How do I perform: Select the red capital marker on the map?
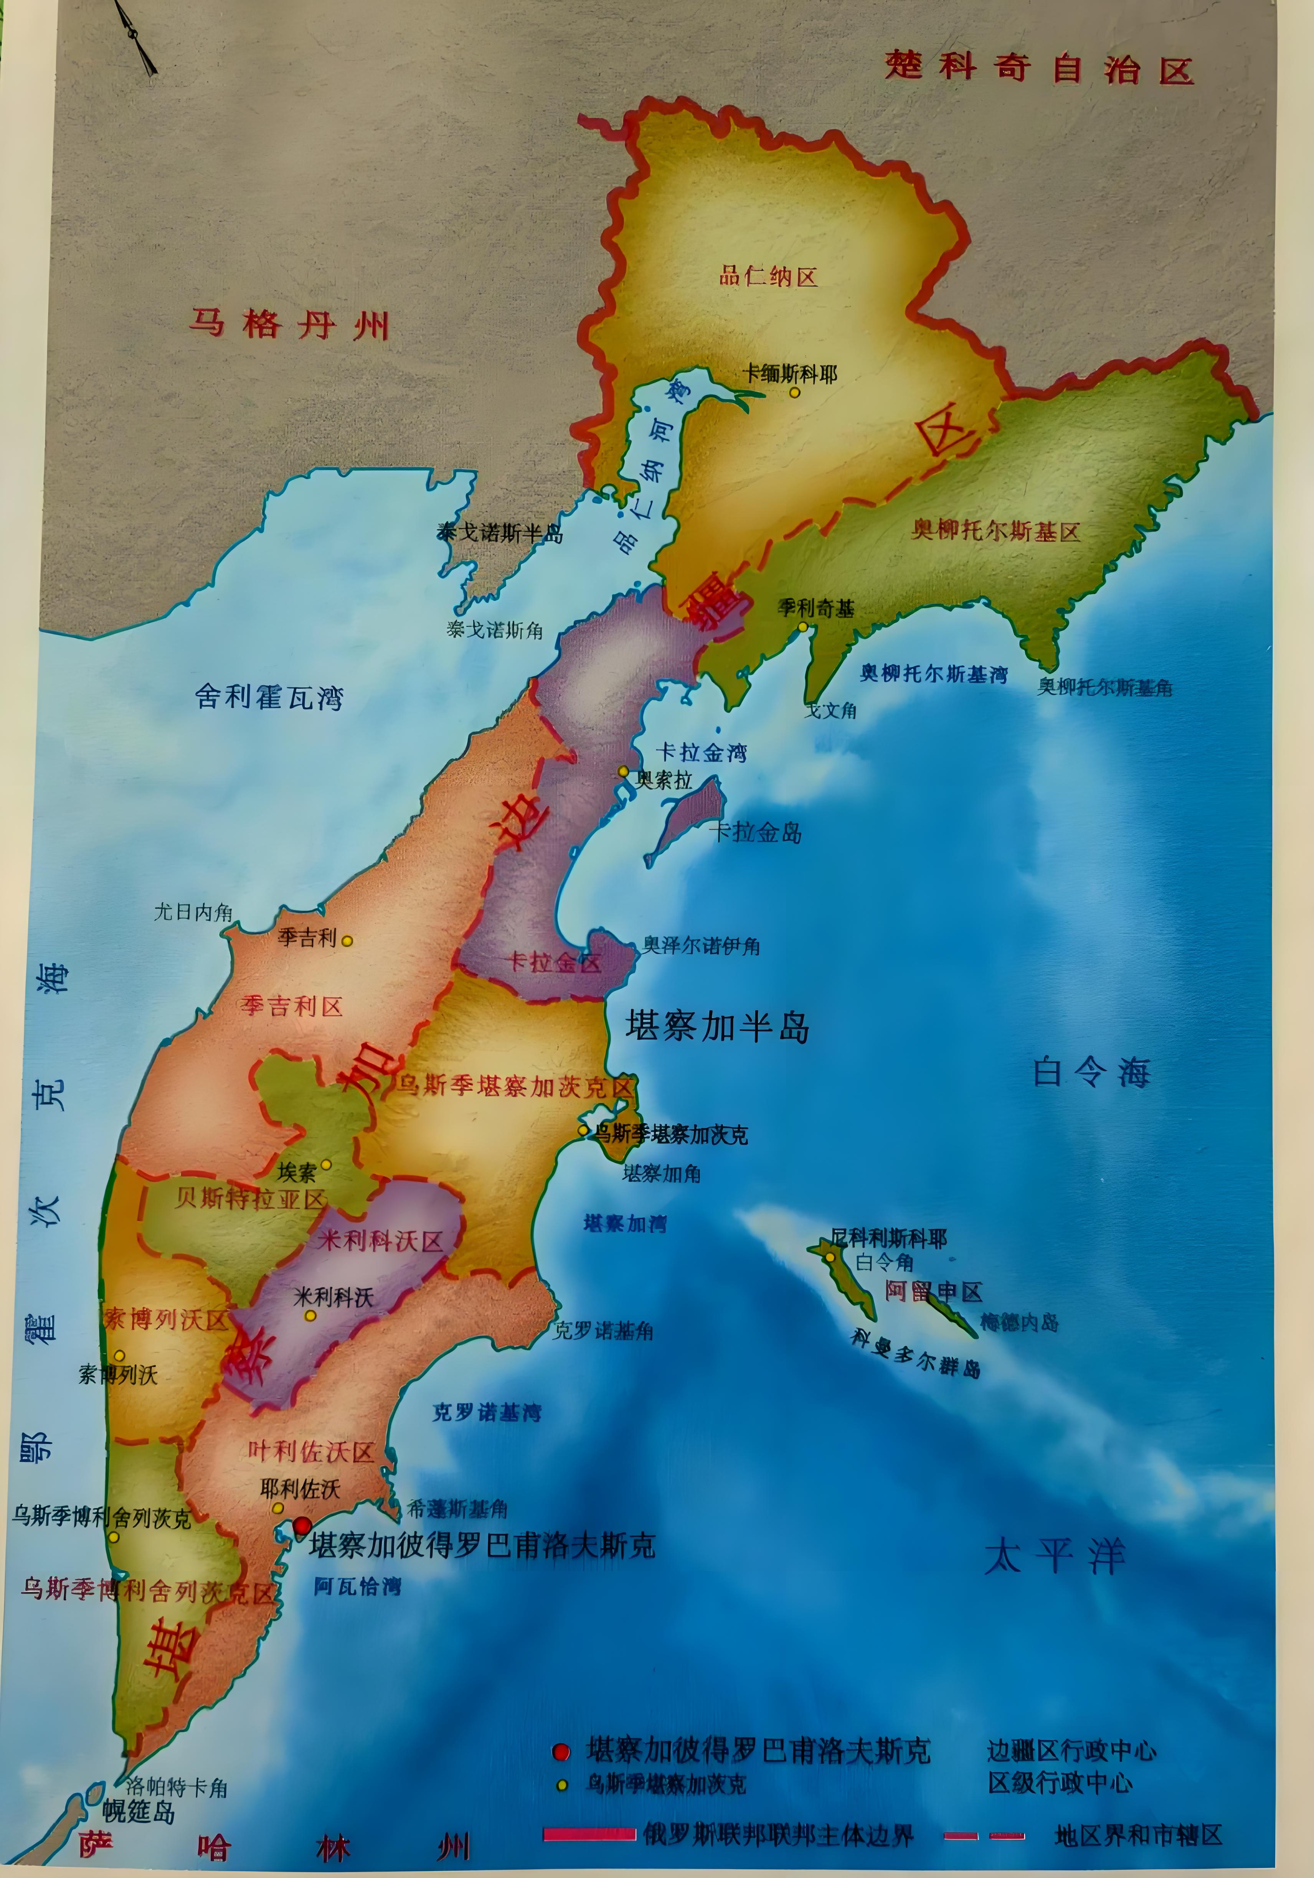coord(302,1525)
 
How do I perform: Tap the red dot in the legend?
coord(560,1751)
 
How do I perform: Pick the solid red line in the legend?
coord(589,1835)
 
